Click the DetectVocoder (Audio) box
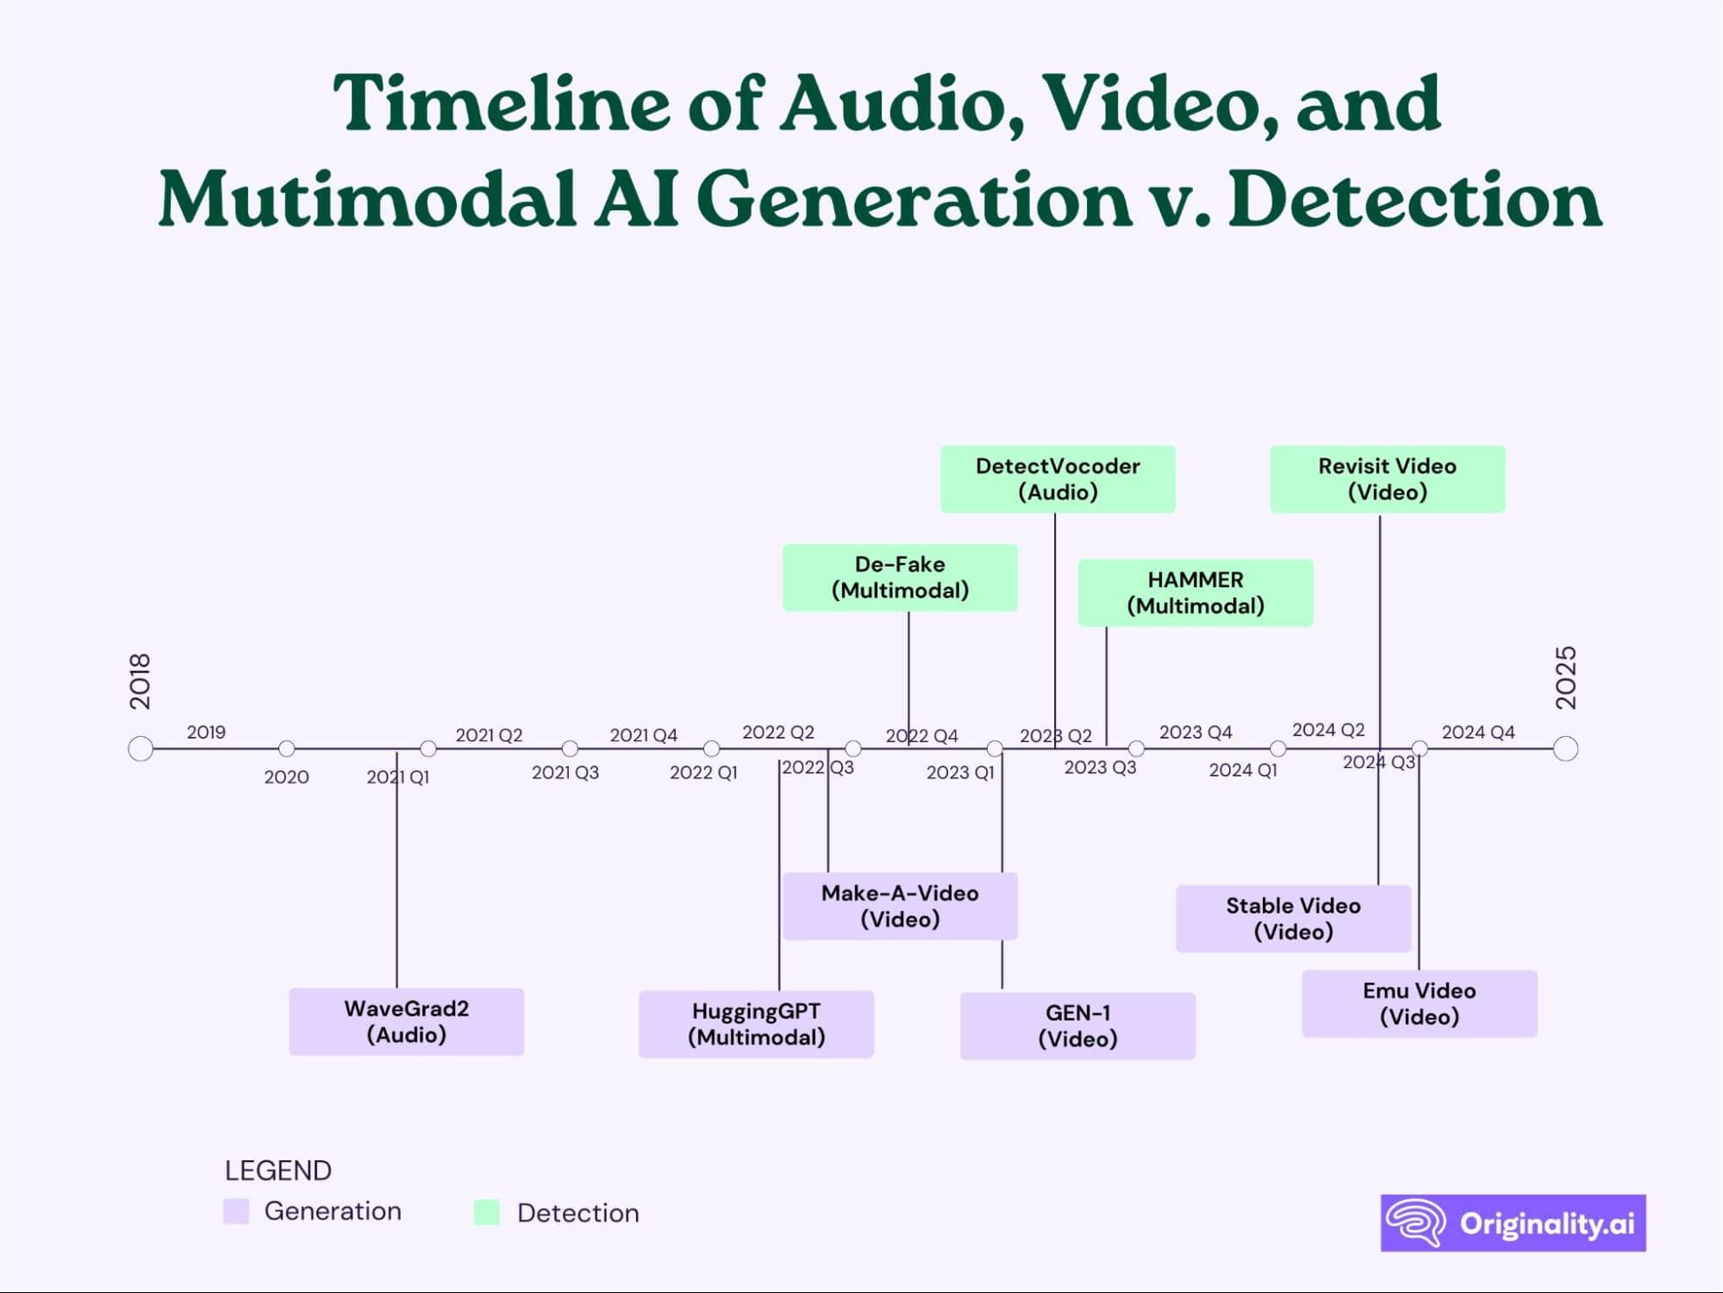coord(1058,479)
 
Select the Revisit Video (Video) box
coord(1387,479)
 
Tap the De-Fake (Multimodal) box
coord(900,578)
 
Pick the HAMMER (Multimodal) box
coord(1195,593)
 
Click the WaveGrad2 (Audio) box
coord(406,1021)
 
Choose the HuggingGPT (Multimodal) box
coord(756,1024)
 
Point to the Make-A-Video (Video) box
coord(900,906)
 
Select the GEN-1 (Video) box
coord(1077,1026)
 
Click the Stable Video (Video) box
coord(1293,919)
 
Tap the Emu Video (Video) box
coord(1419,1003)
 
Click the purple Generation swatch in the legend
coord(236,1211)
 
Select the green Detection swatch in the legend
coord(487,1213)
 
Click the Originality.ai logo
coord(1513,1223)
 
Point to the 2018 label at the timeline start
coord(140,681)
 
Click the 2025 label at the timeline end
coord(1565,678)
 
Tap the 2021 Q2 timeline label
coord(489,735)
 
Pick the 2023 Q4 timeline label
coord(1195,733)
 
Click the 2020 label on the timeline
coord(286,778)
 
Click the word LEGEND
coord(278,1171)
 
